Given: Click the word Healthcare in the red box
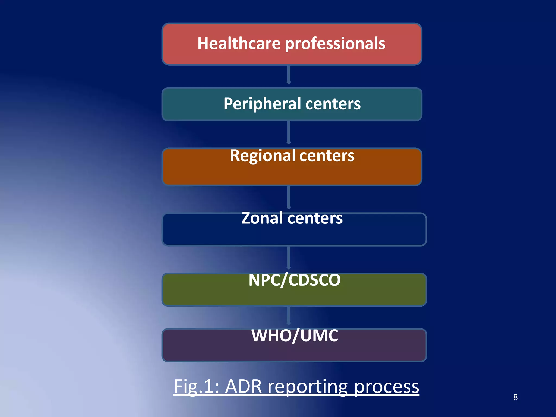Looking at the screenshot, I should (239, 43).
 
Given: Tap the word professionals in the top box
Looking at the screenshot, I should (335, 44).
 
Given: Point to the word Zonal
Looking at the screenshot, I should (262, 218).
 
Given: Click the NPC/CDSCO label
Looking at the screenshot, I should (294, 280).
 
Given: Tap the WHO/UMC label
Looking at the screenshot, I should (295, 336).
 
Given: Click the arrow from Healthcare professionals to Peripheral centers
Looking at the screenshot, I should (289, 75).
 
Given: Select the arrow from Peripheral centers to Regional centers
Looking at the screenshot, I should (289, 132).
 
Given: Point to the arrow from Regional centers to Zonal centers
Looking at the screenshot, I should (289, 197).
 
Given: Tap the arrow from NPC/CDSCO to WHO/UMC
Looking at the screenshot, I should (289, 316).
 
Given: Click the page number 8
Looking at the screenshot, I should (515, 397).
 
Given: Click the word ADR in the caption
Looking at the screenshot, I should (244, 387).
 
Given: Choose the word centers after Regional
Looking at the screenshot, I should (327, 156).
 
